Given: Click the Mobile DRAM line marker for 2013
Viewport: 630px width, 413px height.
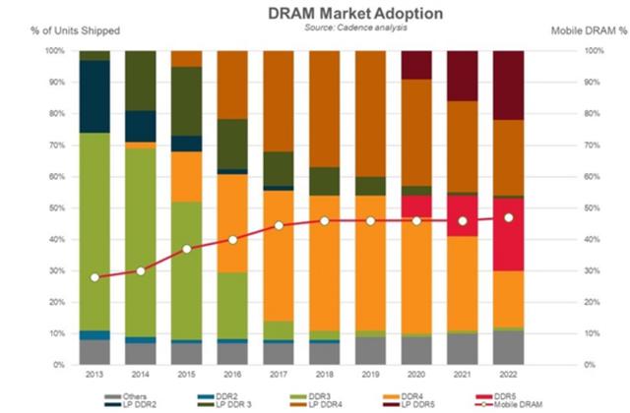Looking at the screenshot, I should (94, 277).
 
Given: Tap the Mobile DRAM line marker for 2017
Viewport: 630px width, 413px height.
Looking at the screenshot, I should (279, 225).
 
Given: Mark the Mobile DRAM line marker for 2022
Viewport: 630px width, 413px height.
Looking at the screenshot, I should (508, 217).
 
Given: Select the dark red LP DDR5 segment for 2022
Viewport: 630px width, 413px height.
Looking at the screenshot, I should (508, 85).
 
